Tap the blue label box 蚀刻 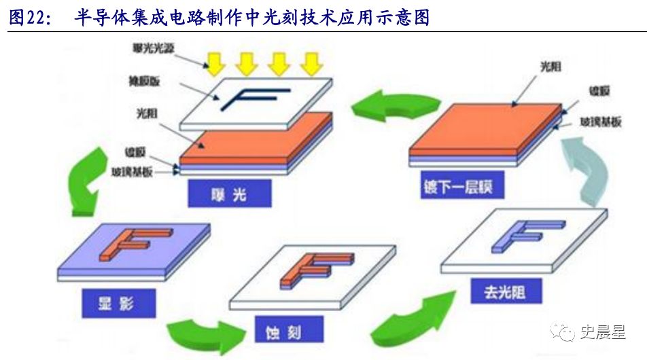[287, 331]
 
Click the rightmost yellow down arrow [311, 63]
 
